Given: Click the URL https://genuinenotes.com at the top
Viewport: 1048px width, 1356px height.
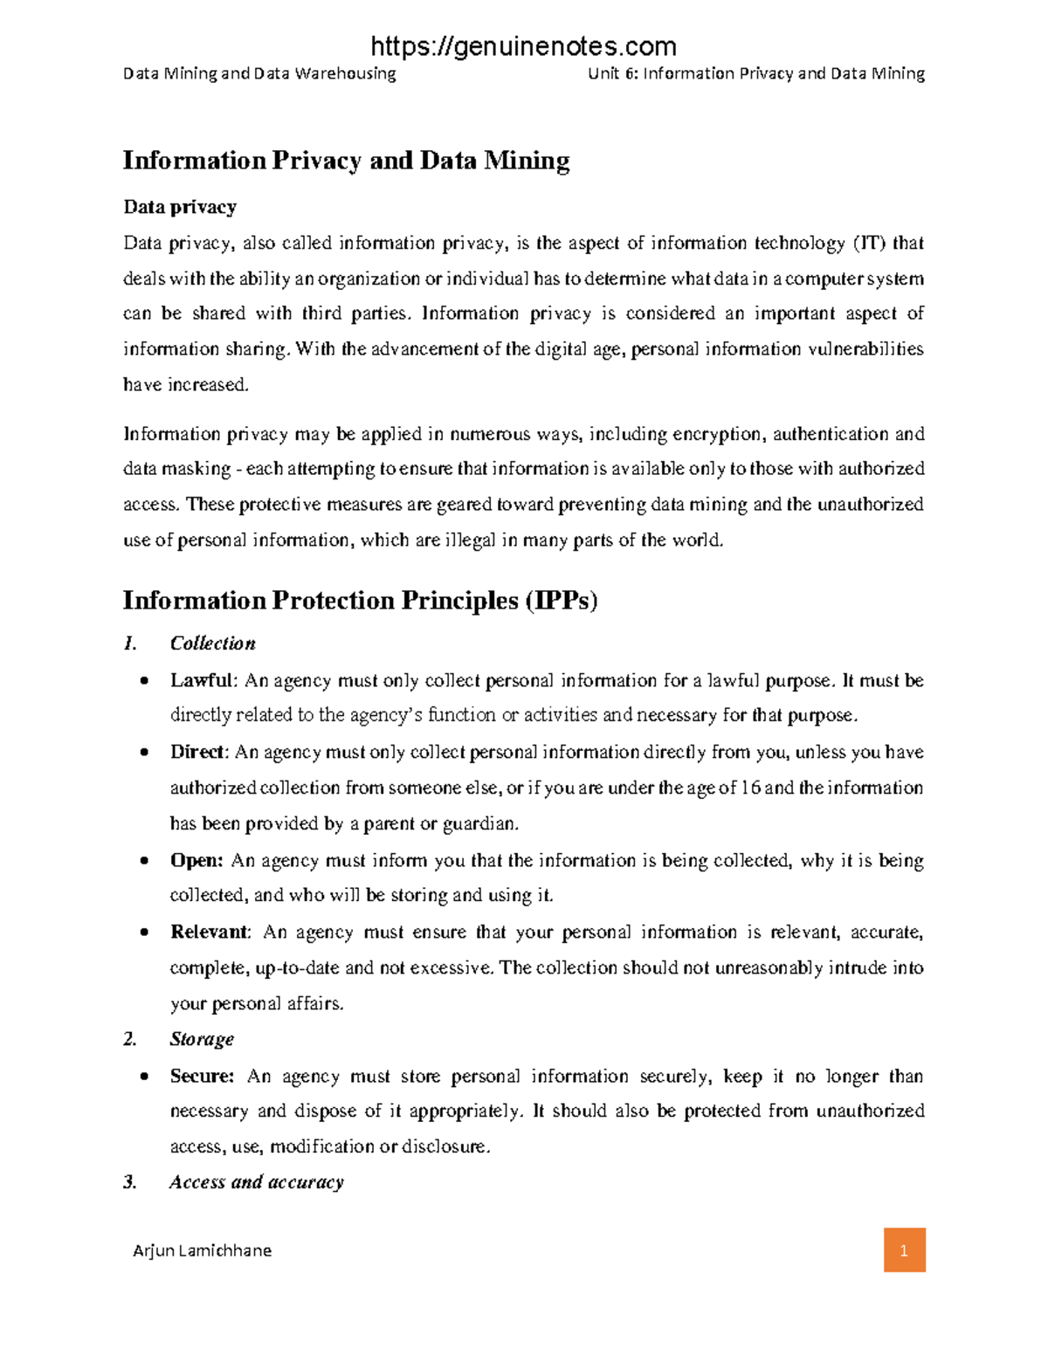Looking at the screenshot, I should pos(524,45).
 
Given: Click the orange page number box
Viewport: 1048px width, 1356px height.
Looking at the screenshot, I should pos(904,1249).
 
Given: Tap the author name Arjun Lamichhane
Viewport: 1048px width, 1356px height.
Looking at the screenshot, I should pos(202,1250).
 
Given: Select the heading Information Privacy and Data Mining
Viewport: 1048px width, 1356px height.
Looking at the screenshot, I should pos(346,161).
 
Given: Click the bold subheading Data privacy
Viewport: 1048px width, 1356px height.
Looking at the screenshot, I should pos(179,207).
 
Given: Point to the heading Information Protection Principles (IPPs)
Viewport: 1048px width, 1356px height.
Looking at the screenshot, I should pos(360,601).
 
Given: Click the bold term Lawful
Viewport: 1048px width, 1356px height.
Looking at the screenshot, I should pos(202,680).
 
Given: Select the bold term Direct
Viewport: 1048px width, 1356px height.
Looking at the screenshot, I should pos(198,752).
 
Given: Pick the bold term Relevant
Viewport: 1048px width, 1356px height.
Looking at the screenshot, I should pos(210,932).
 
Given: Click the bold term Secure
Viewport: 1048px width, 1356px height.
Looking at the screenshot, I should pos(201,1076).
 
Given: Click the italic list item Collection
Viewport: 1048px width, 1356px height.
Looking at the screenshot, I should pos(212,644).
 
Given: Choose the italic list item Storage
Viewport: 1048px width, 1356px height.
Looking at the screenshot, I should pos(202,1039).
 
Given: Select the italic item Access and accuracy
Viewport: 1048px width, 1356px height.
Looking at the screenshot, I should pos(257,1182).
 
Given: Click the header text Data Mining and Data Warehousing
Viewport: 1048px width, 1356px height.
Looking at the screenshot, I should pos(259,73).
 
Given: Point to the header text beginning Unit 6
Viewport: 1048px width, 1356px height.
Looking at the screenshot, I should pos(755,73).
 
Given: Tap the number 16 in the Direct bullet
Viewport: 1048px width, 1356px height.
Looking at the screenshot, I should pos(750,788).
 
